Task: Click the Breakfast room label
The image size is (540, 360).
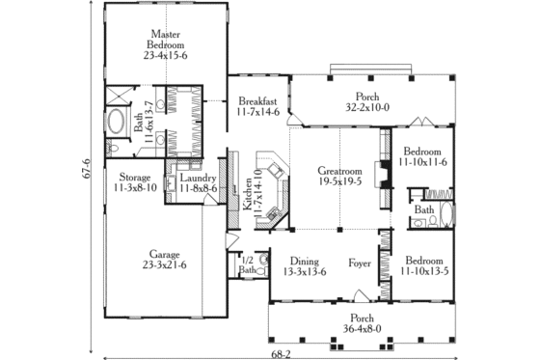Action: coord(257,101)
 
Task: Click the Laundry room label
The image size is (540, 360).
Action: coord(196,179)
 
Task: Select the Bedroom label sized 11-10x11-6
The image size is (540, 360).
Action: coord(422,152)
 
